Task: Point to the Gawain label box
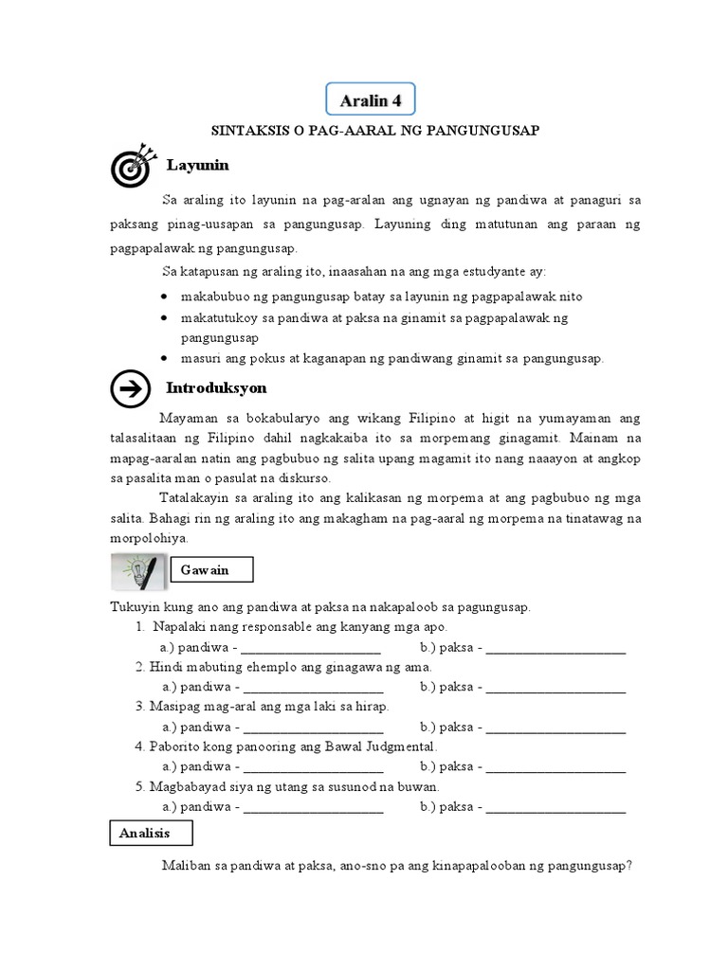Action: point(213,569)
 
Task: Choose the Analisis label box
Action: point(147,833)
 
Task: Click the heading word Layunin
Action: point(197,166)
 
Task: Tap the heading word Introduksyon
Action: point(216,388)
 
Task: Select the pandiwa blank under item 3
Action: point(313,728)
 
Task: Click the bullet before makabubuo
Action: point(165,297)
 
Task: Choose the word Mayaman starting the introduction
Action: point(187,418)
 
